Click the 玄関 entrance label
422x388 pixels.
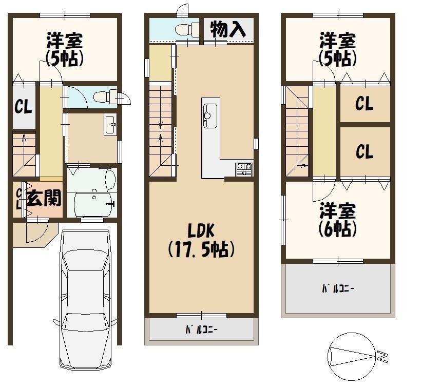coord(44,198)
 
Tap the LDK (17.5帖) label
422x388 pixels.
coord(201,240)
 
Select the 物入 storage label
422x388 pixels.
coord(228,29)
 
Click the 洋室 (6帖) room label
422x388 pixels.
coord(337,220)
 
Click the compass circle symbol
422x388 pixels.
coord(352,356)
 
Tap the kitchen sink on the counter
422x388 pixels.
coord(210,115)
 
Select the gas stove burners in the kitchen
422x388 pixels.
coord(244,169)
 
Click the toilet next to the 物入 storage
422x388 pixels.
coord(186,29)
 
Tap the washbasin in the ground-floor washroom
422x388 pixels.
coord(110,124)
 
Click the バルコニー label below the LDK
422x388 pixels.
coord(201,329)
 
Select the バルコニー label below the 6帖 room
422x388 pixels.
coord(338,289)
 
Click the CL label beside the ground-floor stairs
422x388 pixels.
coord(23,107)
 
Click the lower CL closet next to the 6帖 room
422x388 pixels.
coord(365,151)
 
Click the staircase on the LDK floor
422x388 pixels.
coord(161,131)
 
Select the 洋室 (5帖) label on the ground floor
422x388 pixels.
coord(64,49)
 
